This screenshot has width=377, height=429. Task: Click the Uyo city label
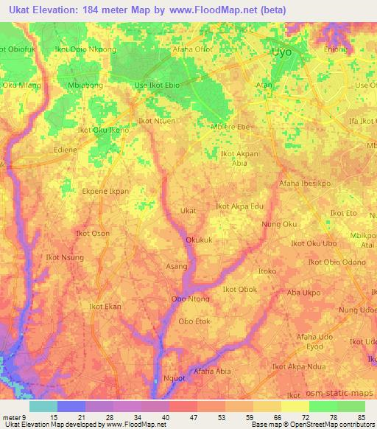(281, 53)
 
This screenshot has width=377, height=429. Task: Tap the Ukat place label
(188, 211)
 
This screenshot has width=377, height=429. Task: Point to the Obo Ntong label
(190, 299)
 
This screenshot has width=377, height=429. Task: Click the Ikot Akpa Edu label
(239, 206)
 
